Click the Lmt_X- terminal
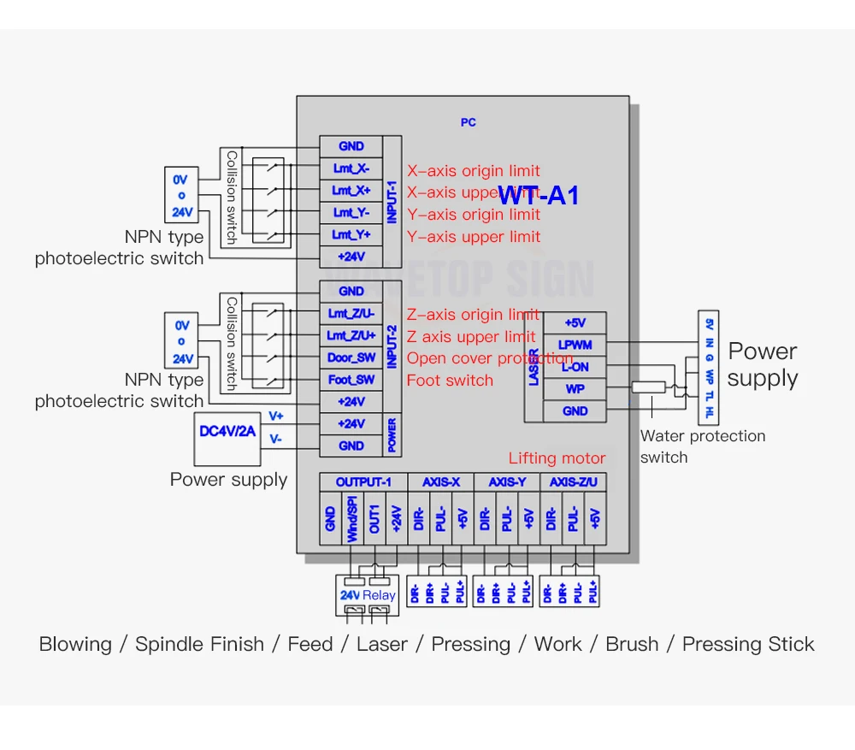pyautogui.click(x=351, y=168)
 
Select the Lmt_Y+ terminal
pyautogui.click(x=351, y=234)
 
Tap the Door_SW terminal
pyautogui.click(x=351, y=357)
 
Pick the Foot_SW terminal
pyautogui.click(x=351, y=380)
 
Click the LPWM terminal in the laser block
pyautogui.click(x=575, y=345)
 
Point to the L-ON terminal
pyautogui.click(x=575, y=367)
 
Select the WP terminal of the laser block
pyautogui.click(x=575, y=389)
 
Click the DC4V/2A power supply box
pyautogui.click(x=227, y=432)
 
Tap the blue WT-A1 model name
pyautogui.click(x=539, y=195)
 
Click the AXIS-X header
pyautogui.click(x=441, y=482)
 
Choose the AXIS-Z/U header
pyautogui.click(x=573, y=482)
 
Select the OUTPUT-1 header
pyautogui.click(x=363, y=482)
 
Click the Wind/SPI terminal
pyautogui.click(x=352, y=519)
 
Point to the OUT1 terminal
pyautogui.click(x=374, y=519)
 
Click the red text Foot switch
pyautogui.click(x=450, y=381)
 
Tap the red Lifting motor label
pyautogui.click(x=557, y=458)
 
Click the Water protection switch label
pyautogui.click(x=702, y=446)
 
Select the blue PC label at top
pyautogui.click(x=468, y=122)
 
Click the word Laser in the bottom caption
pyautogui.click(x=381, y=644)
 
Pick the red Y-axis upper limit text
pyautogui.click(x=474, y=236)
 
